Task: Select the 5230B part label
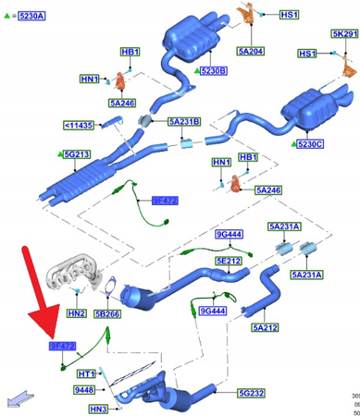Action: [x=213, y=69]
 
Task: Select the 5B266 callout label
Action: [x=107, y=313]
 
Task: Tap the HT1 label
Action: [x=87, y=373]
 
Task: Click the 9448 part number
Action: [x=82, y=390]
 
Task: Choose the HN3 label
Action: [x=98, y=408]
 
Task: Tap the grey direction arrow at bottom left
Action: [x=15, y=399]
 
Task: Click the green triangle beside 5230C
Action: [x=293, y=144]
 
